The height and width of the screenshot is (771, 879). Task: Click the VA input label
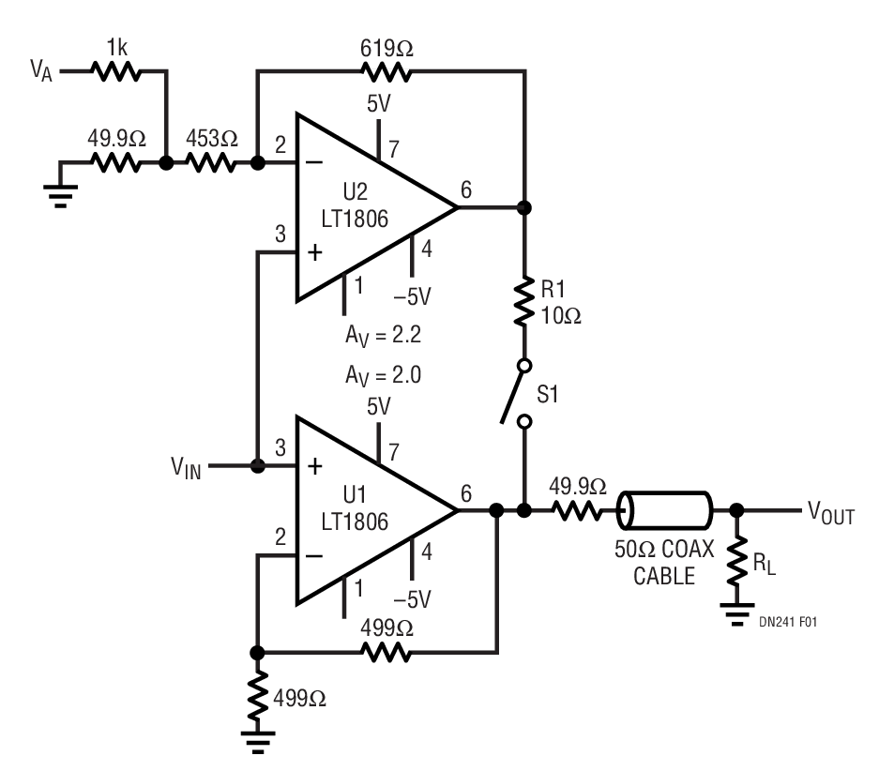coord(42,70)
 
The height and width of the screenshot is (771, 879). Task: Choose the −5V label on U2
coord(413,295)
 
